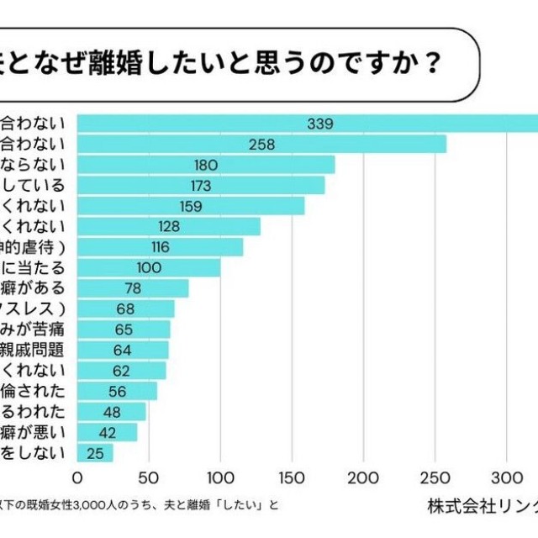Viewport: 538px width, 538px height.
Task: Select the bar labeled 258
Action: click(x=261, y=145)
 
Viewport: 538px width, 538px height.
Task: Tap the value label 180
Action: click(x=206, y=165)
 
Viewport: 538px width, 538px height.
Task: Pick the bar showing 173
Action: click(x=201, y=186)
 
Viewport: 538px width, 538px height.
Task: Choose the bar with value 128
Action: click(x=169, y=226)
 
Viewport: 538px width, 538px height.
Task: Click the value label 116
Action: click(x=160, y=247)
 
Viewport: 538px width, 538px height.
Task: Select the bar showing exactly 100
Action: click(x=149, y=267)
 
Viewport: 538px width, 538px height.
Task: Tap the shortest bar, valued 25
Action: click(x=95, y=453)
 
